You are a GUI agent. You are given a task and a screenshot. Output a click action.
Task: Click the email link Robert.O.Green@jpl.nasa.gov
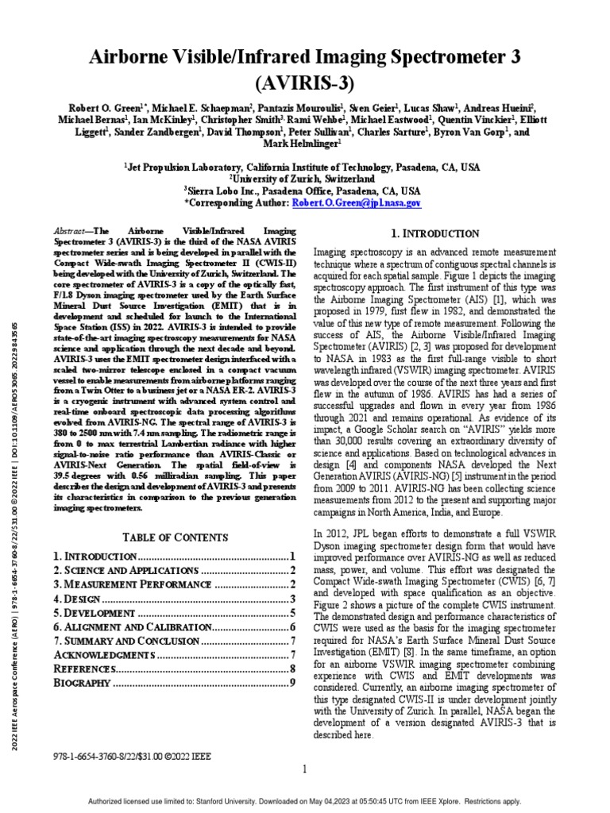[x=357, y=203]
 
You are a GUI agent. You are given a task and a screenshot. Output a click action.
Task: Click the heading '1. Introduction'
[x=436, y=233]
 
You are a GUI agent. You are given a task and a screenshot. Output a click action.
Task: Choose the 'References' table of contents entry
[x=85, y=669]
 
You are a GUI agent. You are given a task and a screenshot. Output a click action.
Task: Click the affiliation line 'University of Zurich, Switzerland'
[x=305, y=179]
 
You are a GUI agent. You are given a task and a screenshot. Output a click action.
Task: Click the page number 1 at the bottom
[x=305, y=769]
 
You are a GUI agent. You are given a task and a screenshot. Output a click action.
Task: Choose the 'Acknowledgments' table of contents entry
[x=102, y=654]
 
